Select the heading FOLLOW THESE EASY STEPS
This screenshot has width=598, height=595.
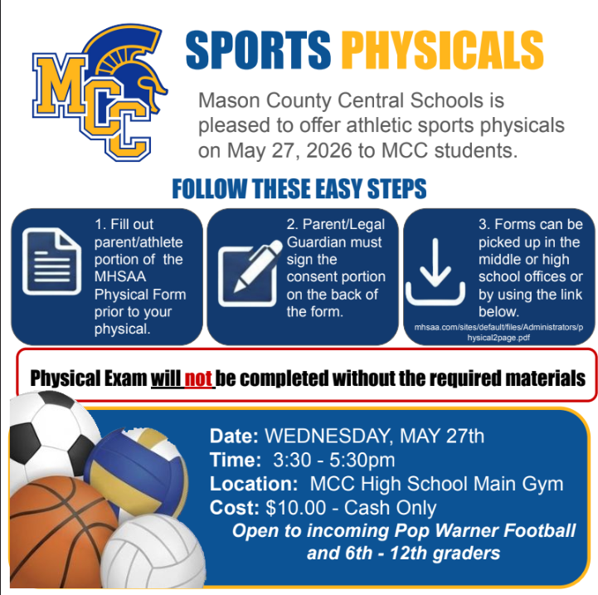(x=299, y=188)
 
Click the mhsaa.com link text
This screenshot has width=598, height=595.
(x=498, y=334)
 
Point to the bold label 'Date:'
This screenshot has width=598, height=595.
(x=235, y=436)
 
